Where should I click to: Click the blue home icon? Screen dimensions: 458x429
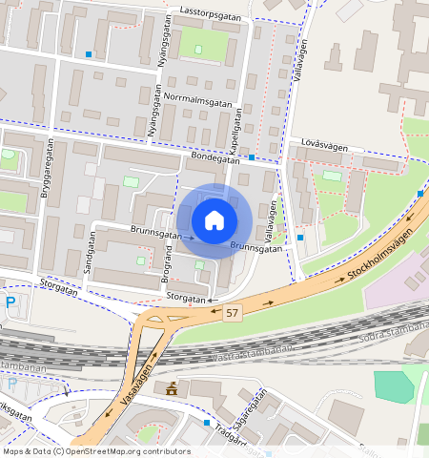point(214,220)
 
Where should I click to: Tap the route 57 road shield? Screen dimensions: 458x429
point(234,313)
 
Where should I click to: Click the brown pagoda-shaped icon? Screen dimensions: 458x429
point(173,387)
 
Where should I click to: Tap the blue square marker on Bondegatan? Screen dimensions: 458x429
point(252,156)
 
